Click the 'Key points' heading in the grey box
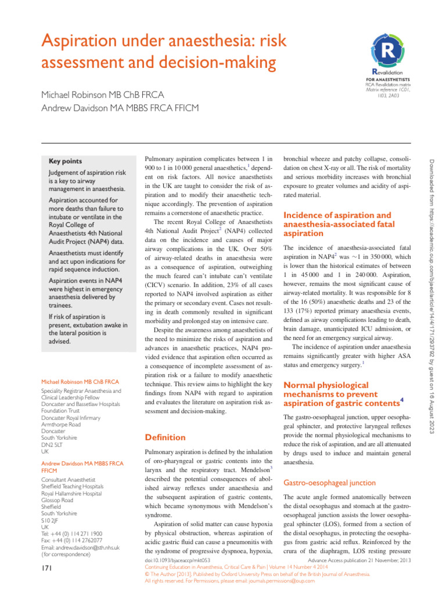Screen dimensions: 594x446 pos(64,161)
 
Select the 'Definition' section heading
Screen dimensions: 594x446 pos(165,437)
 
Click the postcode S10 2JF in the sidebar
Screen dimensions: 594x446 pos(52,520)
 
